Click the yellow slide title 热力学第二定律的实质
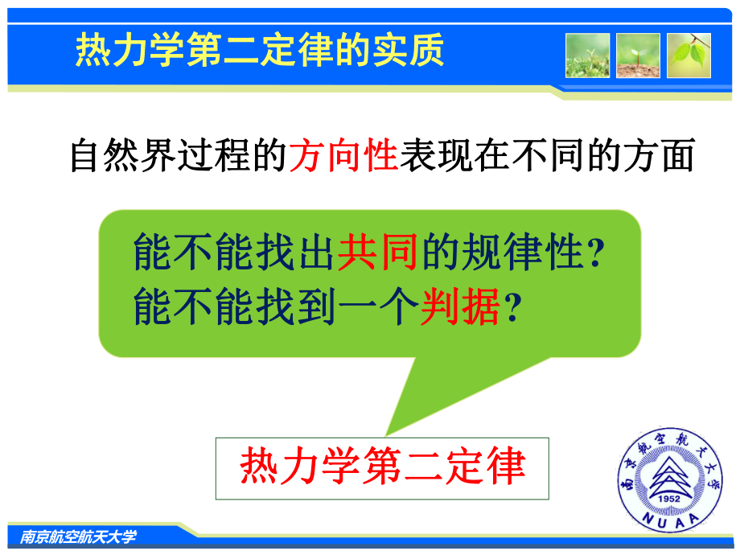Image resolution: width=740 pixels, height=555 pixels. [260, 50]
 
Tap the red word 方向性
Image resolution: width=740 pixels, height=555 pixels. [343, 155]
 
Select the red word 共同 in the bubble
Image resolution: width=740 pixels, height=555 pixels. [377, 252]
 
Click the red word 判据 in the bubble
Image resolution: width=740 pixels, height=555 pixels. [460, 306]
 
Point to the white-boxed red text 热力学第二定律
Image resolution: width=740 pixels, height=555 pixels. [383, 467]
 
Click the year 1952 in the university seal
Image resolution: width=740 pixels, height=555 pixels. [668, 499]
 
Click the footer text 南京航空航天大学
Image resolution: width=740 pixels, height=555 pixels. [78, 536]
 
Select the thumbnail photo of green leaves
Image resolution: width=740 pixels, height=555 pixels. [689, 55]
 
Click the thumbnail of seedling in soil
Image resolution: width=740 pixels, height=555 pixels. [638, 55]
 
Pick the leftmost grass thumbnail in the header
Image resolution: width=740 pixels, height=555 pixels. [587, 55]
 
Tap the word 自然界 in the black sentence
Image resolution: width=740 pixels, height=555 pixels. [123, 155]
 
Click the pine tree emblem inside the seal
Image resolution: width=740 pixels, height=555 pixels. [670, 475]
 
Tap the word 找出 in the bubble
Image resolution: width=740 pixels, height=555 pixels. [295, 252]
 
